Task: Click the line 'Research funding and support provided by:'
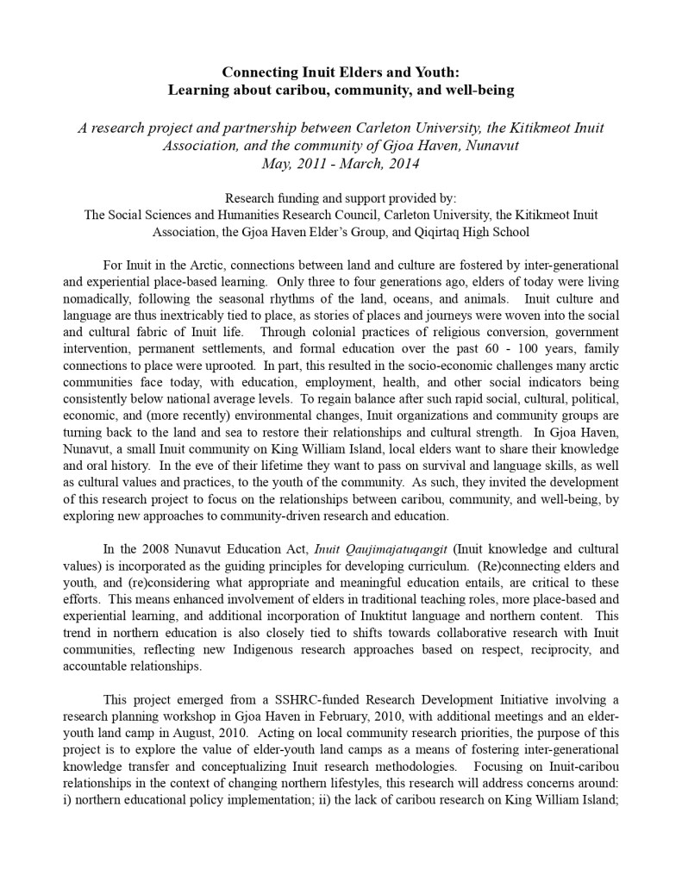tap(341, 197)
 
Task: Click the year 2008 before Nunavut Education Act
tap(155, 547)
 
